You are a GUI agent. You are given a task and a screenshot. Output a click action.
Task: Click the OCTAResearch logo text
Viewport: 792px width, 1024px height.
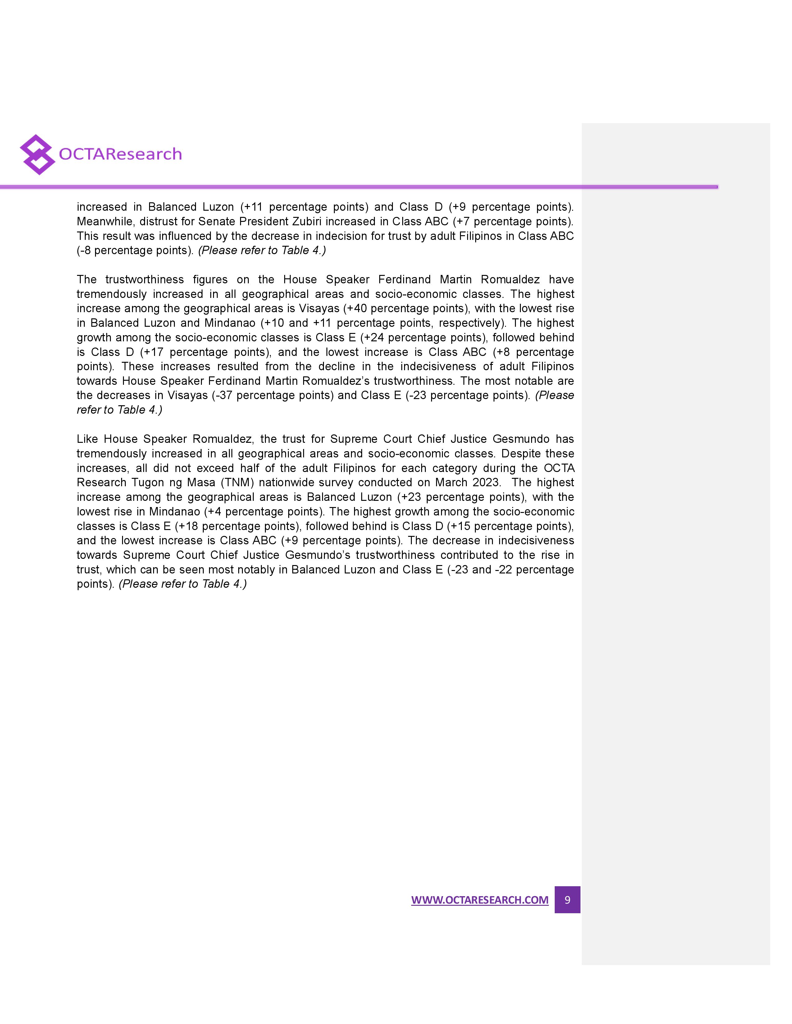(x=120, y=154)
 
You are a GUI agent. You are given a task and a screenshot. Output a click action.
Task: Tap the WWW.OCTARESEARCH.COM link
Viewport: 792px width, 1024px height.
(x=480, y=900)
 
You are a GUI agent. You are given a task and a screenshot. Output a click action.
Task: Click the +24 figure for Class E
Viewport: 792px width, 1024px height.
(x=373, y=338)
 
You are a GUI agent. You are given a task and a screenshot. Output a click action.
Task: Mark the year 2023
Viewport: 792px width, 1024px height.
(x=486, y=483)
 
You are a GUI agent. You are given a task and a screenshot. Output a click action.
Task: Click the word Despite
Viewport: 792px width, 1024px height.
(x=519, y=453)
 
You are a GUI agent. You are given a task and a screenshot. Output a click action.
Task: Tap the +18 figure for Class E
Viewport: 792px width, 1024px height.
(x=187, y=526)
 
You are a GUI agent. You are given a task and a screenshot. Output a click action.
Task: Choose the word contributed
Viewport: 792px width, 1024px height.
(x=469, y=555)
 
